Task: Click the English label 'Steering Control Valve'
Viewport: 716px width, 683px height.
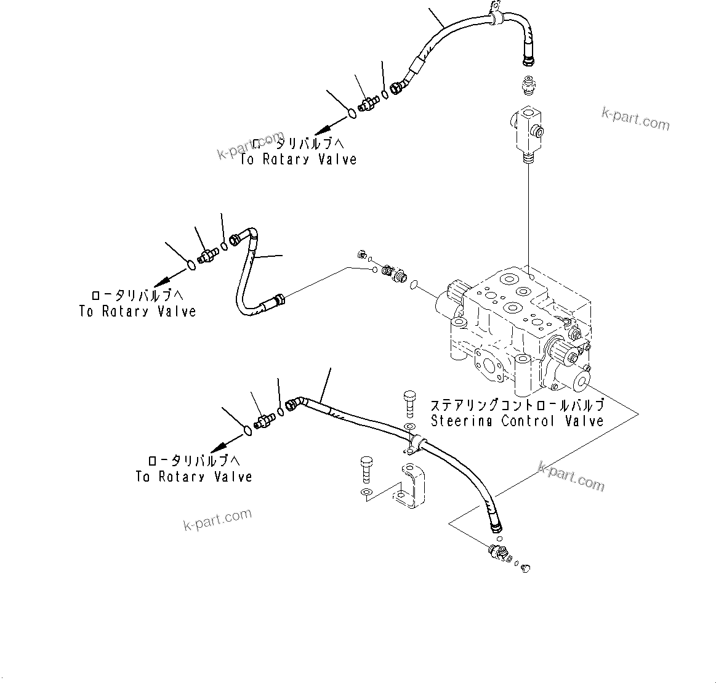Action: (x=517, y=421)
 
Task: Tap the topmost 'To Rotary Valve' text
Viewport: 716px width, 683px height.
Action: (x=299, y=160)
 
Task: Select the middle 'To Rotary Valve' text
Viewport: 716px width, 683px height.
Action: (x=137, y=312)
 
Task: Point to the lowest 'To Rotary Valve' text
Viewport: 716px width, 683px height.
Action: (x=194, y=477)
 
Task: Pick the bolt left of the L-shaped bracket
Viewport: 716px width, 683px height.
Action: (x=366, y=467)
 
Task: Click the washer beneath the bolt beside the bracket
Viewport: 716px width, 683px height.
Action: (x=366, y=491)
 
